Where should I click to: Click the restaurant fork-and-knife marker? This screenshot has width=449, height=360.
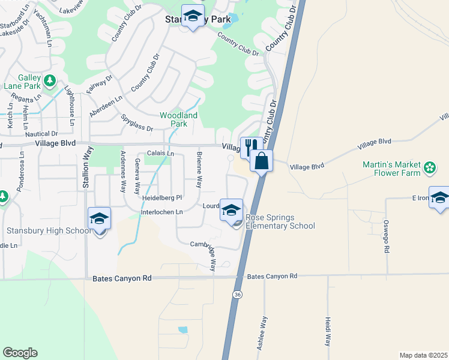click(x=251, y=146)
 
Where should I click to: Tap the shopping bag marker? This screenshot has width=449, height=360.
click(x=262, y=161)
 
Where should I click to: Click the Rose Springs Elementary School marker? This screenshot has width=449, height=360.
click(x=231, y=211)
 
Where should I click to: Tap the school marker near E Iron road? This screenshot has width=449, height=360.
click(x=440, y=198)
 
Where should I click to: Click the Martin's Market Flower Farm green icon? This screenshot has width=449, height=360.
click(x=430, y=167)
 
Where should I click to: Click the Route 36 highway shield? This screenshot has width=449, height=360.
click(x=237, y=295)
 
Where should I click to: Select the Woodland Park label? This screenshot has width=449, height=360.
click(x=178, y=119)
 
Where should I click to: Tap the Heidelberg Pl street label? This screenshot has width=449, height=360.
click(x=161, y=197)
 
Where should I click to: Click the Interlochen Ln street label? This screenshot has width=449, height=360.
click(x=161, y=212)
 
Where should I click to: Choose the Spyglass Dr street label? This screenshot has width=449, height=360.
click(x=137, y=123)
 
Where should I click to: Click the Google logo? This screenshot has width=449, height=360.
click(x=20, y=353)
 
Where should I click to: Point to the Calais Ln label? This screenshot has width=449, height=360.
click(x=160, y=154)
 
